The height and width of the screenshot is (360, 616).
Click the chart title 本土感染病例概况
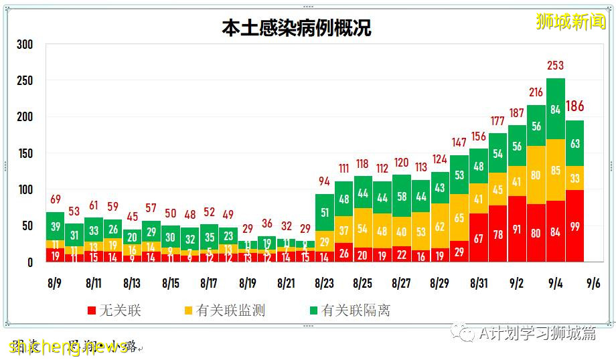[x=297, y=27]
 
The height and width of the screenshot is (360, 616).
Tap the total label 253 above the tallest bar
[x=555, y=66]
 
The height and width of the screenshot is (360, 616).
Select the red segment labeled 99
[x=574, y=226]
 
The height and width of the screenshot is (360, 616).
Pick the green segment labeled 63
[x=574, y=143]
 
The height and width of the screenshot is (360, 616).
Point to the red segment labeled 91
[x=517, y=228]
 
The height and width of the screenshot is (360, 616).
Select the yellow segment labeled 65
[x=459, y=218]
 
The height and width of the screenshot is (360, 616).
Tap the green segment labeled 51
[x=325, y=213]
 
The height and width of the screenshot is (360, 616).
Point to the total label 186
[x=575, y=106]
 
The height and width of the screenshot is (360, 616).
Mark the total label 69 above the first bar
[x=56, y=199]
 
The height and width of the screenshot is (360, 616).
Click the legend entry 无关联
[x=114, y=310]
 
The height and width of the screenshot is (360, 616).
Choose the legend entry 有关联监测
[x=224, y=310]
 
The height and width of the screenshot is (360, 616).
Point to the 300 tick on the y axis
[x=25, y=45]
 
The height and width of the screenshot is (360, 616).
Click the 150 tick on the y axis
[x=25, y=153]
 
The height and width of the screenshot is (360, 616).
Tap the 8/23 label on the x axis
[x=325, y=283]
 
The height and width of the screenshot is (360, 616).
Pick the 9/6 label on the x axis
[x=593, y=283]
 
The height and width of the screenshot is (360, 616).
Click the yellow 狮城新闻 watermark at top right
[x=570, y=22]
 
